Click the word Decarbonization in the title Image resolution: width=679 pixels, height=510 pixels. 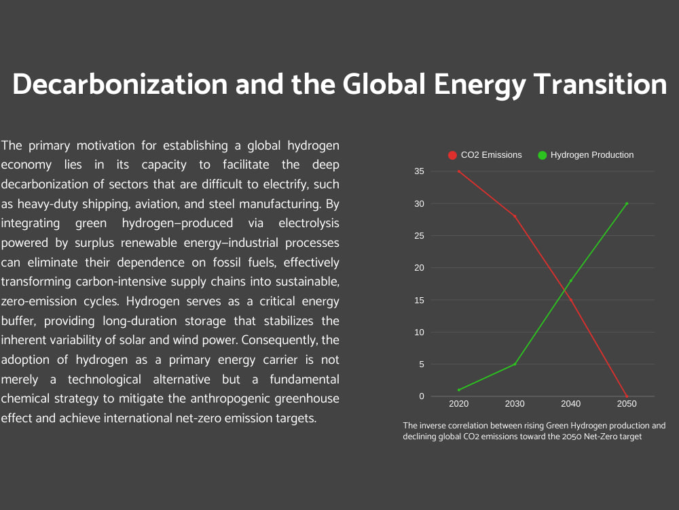[120, 84]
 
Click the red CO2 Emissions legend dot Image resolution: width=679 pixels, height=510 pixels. [452, 155]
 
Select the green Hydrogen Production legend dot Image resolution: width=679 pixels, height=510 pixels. [542, 155]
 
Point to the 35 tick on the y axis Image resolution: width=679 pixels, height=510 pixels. [419, 171]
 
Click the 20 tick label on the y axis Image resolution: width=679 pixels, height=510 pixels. [419, 267]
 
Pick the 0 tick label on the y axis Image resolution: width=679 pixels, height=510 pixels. [422, 396]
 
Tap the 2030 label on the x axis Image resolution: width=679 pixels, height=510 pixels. [515, 404]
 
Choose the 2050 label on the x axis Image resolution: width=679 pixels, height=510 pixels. [627, 404]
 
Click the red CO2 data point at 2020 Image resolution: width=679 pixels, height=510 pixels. [458, 172]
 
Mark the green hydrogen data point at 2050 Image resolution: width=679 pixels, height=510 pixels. [627, 204]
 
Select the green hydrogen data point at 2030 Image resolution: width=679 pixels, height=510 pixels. [515, 364]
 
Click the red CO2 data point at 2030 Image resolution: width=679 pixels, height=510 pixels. [515, 216]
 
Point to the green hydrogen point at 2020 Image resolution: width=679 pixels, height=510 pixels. [458, 390]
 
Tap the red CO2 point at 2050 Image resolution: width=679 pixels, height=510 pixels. [627, 396]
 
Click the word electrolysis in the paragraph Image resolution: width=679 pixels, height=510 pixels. [309, 223]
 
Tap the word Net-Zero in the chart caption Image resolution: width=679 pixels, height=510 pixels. [600, 437]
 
